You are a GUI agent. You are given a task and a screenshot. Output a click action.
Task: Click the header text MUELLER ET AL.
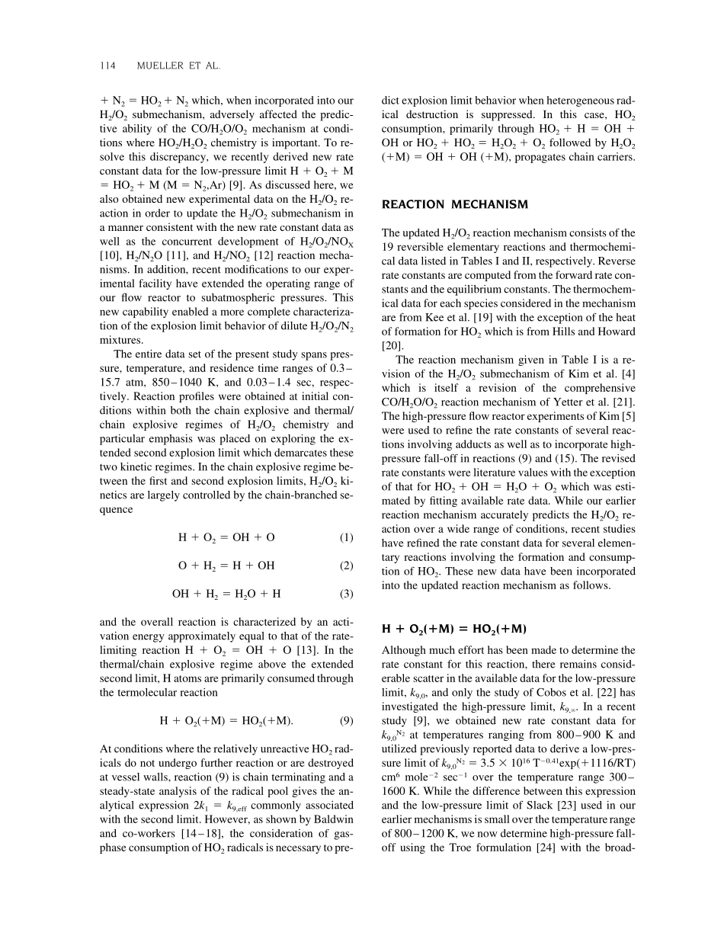(x=178, y=66)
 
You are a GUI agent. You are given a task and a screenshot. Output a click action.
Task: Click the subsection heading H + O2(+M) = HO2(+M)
(x=453, y=628)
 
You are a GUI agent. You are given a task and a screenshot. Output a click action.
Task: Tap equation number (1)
(x=346, y=537)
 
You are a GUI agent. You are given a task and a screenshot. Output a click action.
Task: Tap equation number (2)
(x=346, y=566)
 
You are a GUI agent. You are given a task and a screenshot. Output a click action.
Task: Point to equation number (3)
(x=346, y=594)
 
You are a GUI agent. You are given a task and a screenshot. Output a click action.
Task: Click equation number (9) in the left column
(x=346, y=719)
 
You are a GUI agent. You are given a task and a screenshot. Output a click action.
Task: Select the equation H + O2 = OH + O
(x=226, y=537)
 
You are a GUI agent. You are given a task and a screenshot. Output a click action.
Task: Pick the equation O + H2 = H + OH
(x=226, y=566)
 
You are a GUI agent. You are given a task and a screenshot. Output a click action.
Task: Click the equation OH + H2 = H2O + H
(x=226, y=594)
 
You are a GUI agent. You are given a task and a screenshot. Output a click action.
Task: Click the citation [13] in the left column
(x=304, y=650)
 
